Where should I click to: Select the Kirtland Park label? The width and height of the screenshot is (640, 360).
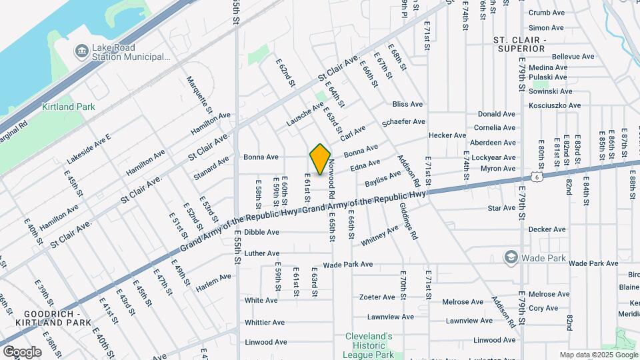pyautogui.click(x=69, y=107)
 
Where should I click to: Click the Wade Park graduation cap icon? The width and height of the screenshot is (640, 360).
pyautogui.click(x=511, y=258)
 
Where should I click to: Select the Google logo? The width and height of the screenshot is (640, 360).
pyautogui.click(x=22, y=351)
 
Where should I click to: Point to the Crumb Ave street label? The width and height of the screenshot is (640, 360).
pyautogui.click(x=547, y=13)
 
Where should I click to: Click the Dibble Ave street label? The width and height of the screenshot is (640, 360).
pyautogui.click(x=261, y=232)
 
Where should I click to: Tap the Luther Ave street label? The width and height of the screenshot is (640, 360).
pyautogui.click(x=262, y=253)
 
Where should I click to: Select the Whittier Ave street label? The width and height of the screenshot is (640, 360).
pyautogui.click(x=265, y=323)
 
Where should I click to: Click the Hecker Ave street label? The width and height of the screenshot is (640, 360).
pyautogui.click(x=447, y=135)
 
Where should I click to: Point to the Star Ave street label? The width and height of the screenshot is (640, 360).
pyautogui.click(x=501, y=208)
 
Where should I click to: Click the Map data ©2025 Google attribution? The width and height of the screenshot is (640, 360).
pyautogui.click(x=599, y=355)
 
